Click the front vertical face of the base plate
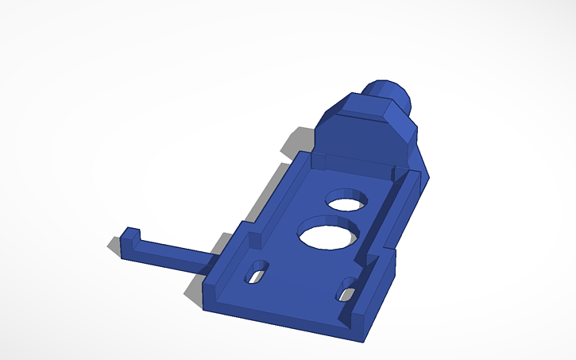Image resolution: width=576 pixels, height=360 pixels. [278, 318]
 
